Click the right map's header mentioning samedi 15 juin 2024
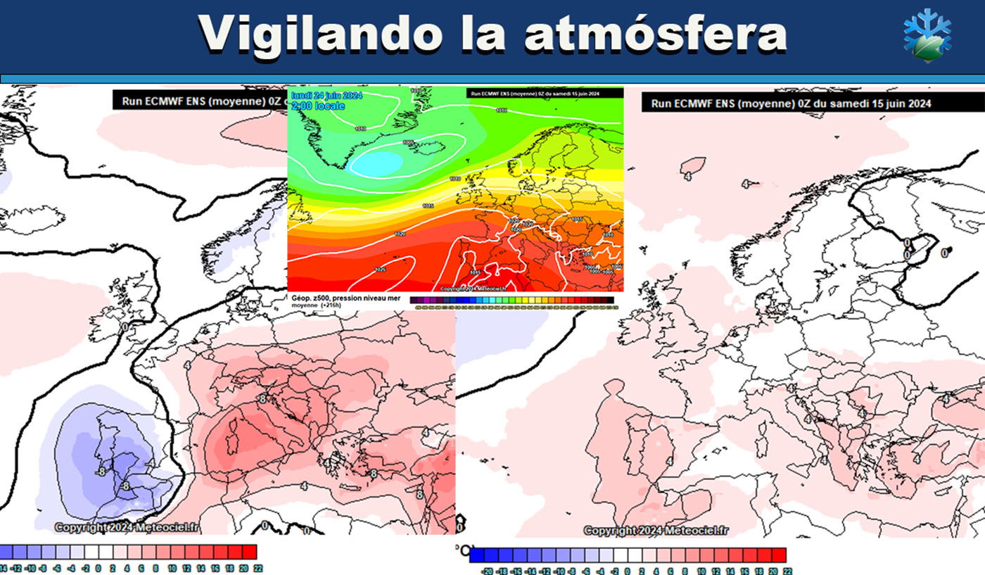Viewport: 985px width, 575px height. click(x=791, y=103)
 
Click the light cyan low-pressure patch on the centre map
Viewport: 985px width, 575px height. click(x=376, y=163)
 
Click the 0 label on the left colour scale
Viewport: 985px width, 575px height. click(x=99, y=567)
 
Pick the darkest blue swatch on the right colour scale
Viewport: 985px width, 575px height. click(x=477, y=555)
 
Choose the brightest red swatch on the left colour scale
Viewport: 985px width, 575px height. click(x=249, y=551)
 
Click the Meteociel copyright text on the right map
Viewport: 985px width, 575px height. click(x=656, y=530)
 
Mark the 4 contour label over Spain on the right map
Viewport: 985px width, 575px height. click(x=670, y=461)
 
